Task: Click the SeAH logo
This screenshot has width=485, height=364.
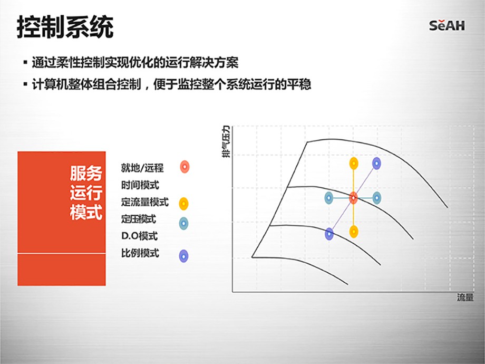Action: coord(447,25)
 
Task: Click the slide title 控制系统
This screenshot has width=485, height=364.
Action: coord(65,27)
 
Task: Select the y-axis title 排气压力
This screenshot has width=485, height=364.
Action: coord(226,141)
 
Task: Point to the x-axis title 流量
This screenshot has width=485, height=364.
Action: coord(465,298)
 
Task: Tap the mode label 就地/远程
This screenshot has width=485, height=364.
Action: coord(142,168)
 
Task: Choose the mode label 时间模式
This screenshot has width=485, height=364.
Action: coord(140,185)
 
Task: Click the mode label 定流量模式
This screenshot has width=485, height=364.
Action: coord(145,202)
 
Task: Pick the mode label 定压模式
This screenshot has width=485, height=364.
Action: coord(138,219)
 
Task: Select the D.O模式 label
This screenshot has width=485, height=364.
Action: coord(140,236)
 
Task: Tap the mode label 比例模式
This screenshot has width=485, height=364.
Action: coord(140,253)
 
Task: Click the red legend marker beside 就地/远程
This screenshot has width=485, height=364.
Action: coord(185,167)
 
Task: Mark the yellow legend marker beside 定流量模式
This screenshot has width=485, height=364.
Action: coord(184,204)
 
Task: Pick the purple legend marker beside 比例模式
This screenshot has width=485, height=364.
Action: coord(184,256)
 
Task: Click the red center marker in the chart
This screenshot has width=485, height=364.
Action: coord(353,198)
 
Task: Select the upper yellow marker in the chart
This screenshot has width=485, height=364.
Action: coord(354,164)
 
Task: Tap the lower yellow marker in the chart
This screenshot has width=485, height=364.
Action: coord(354,232)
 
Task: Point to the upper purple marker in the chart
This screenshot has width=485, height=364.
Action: coord(376,164)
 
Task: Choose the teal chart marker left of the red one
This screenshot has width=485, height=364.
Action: coord(329,198)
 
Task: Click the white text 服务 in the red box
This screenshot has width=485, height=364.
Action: coord(86,173)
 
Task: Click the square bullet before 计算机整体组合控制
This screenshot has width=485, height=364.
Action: coord(25,84)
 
